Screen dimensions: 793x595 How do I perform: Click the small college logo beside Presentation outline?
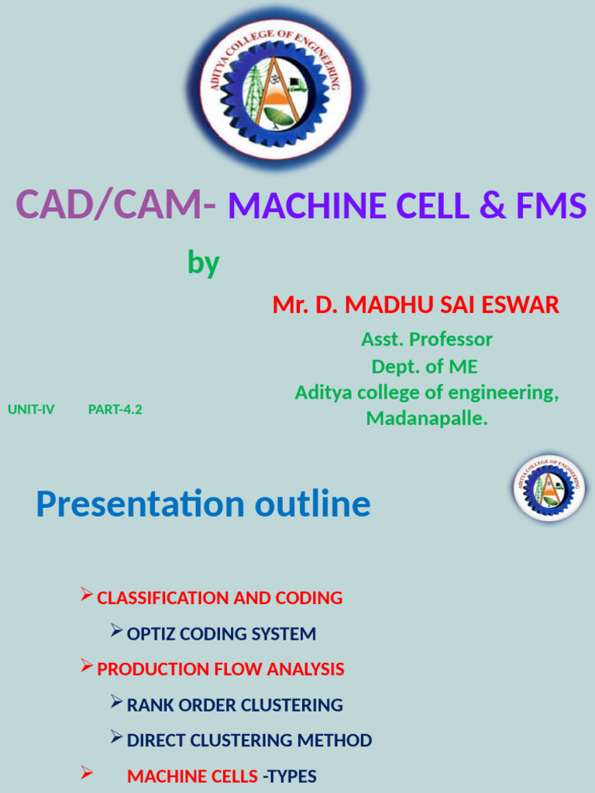[x=549, y=488]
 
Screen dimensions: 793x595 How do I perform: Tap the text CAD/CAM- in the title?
[x=116, y=206]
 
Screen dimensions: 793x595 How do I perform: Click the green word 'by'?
[x=203, y=264]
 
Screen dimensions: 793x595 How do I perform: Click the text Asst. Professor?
[x=426, y=339]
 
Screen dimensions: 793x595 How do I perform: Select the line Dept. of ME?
[x=425, y=366]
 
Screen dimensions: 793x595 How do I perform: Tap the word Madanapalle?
[x=426, y=419]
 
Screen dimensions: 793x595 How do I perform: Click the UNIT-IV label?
[x=31, y=410]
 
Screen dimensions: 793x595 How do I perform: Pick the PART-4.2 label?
[x=115, y=410]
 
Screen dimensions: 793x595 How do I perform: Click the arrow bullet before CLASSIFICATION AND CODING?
[x=87, y=596]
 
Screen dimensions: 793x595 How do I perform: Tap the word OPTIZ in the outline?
[x=150, y=634]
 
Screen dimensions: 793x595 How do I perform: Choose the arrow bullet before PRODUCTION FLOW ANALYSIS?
[x=87, y=667]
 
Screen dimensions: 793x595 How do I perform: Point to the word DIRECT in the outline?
[x=155, y=741]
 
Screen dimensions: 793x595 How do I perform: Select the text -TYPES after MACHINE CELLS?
[x=290, y=777]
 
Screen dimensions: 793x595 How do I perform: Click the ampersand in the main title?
[x=489, y=207]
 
